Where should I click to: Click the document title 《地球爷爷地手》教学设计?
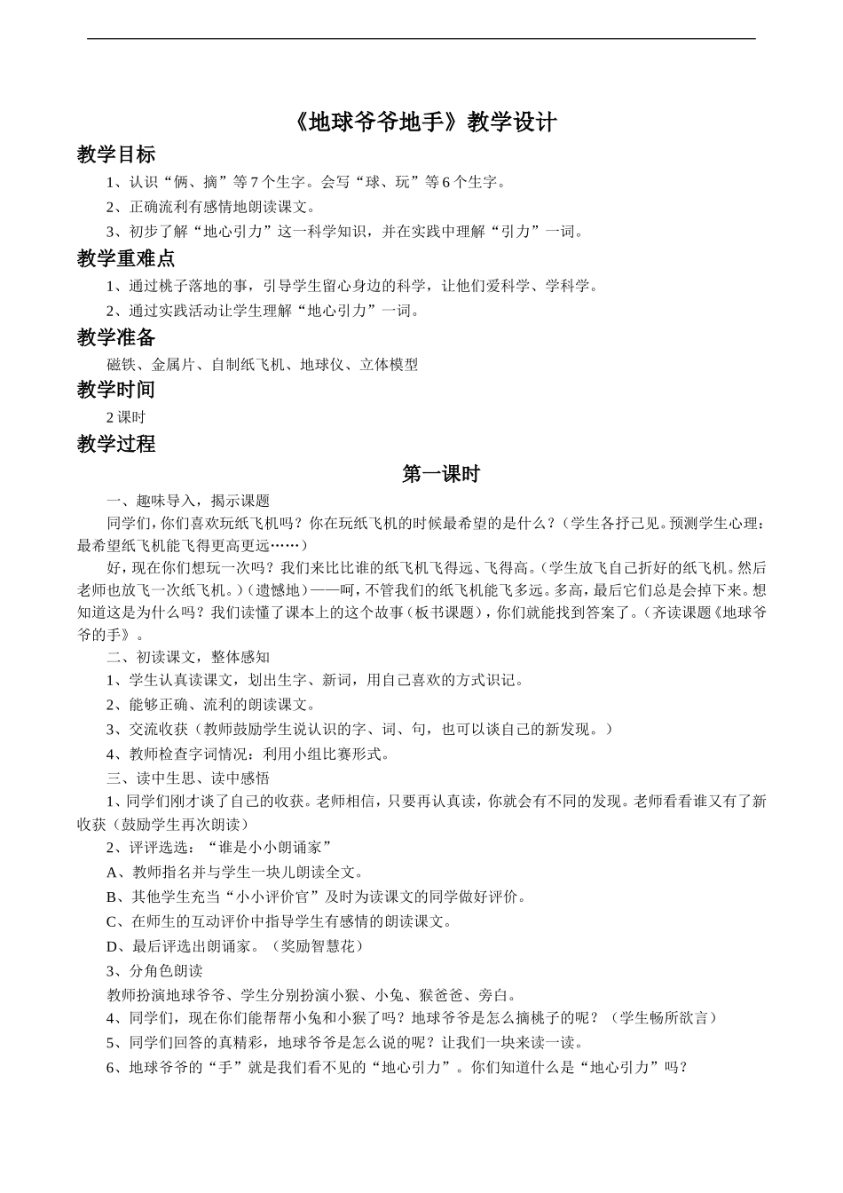coord(422,122)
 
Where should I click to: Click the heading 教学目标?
coord(115,154)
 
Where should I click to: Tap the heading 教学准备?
coord(115,337)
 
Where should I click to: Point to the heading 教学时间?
coord(115,390)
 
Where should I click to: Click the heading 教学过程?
coord(115,444)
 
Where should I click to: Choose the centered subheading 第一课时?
coord(440,474)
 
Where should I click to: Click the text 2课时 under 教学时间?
coord(125,417)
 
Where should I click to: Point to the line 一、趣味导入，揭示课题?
coord(188,501)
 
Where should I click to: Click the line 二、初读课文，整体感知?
coord(188,657)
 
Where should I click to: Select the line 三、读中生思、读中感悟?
coord(188,778)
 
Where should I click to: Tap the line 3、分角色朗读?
coord(154,970)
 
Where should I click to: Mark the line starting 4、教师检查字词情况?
coord(248,755)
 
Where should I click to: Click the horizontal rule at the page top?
coord(421,38)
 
